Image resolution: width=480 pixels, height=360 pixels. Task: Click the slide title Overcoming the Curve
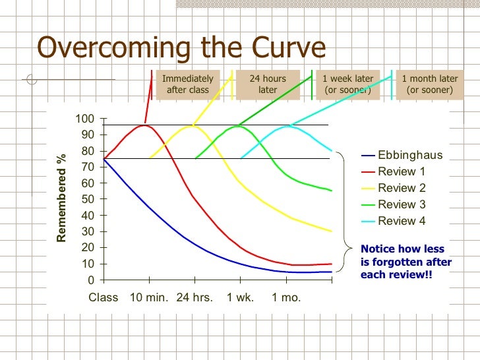pos(181,47)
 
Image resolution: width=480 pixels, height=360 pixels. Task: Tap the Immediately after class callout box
pos(187,84)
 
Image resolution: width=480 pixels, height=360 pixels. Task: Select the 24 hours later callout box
pos(268,84)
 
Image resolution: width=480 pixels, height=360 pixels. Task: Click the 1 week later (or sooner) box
pos(347,84)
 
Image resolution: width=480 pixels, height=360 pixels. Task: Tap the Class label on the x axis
pos(103,297)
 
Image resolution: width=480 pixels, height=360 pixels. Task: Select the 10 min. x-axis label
pos(149,297)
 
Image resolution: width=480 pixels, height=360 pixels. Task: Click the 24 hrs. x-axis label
pos(195,297)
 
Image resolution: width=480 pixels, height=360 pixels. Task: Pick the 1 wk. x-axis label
pos(240,297)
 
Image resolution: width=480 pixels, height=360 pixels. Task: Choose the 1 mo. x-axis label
pos(286,297)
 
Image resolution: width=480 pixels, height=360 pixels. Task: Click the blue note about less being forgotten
pos(406,262)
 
